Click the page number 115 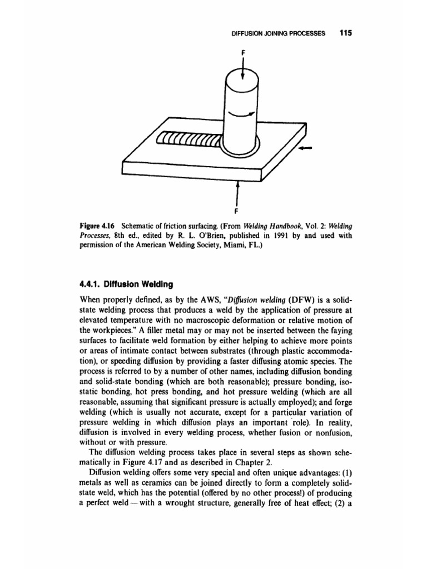click(346, 33)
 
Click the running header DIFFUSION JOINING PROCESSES click(279, 33)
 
